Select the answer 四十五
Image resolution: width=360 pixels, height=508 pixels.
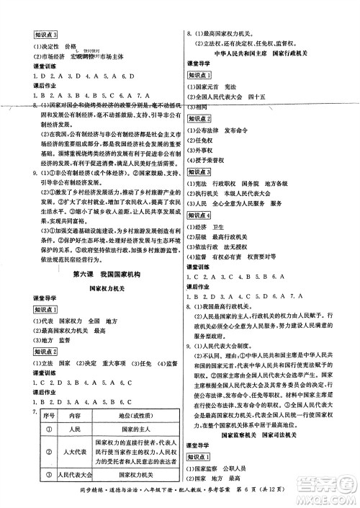click(287, 95)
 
